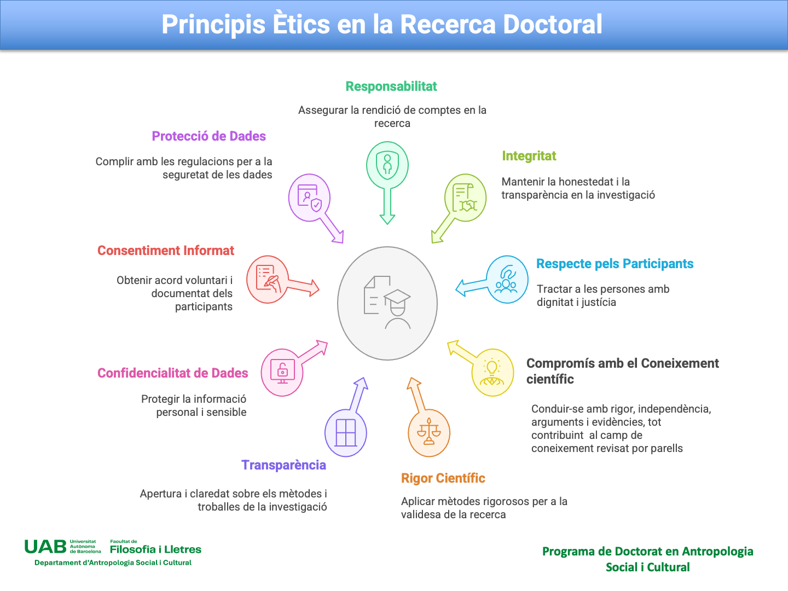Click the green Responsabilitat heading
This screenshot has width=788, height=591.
point(391,86)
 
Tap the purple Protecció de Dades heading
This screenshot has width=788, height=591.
point(208,136)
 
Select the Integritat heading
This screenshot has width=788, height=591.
point(529,156)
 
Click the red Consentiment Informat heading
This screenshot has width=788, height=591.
point(165,251)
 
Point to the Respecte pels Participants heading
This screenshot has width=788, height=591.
point(615,264)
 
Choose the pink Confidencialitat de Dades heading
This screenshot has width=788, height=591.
point(173,373)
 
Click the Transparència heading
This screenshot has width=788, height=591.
point(283,465)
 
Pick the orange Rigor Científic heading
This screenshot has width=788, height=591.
point(443,478)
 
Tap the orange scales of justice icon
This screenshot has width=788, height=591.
point(428,432)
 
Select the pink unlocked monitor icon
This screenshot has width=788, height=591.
point(282,371)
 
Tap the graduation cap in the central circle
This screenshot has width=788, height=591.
point(397,297)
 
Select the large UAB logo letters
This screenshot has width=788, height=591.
point(45,547)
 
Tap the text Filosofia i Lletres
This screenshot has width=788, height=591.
point(155,549)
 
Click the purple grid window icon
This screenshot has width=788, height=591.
point(346,433)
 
